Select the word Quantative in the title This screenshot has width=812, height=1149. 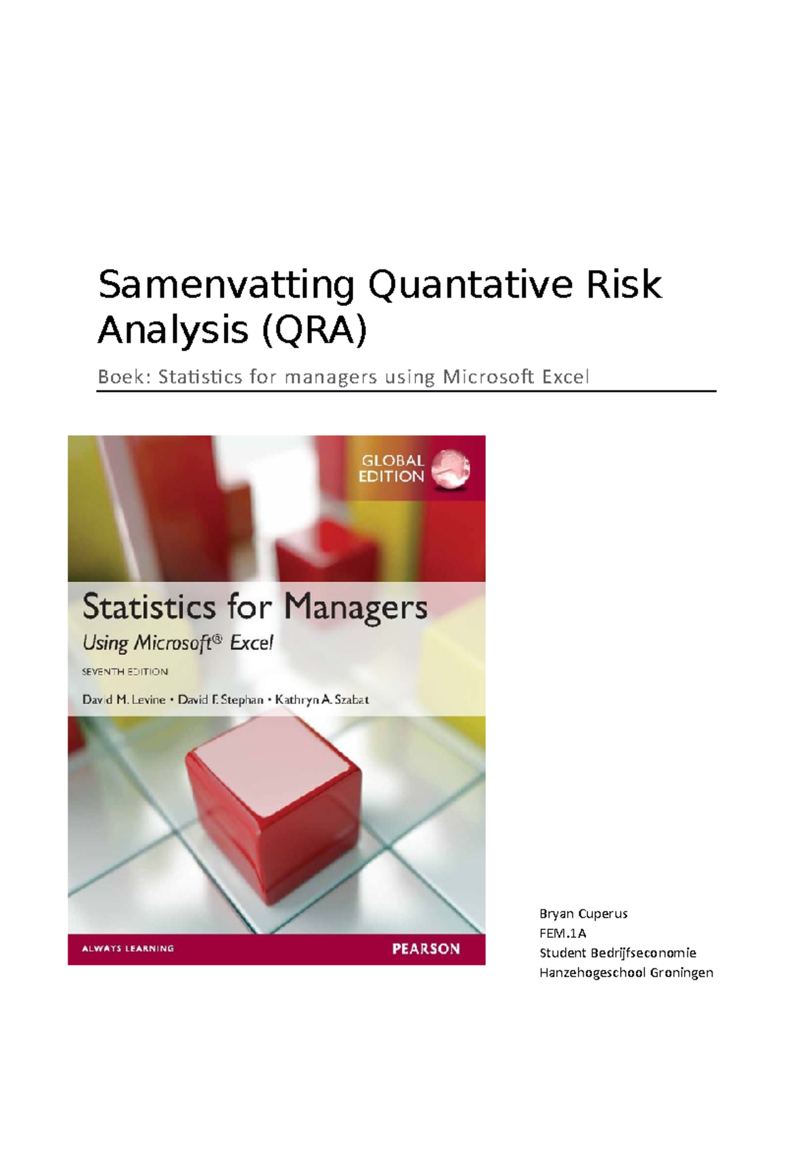[470, 286]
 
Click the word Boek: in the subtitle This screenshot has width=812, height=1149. [125, 377]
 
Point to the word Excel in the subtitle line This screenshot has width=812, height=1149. [566, 377]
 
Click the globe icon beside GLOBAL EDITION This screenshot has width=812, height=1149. [451, 468]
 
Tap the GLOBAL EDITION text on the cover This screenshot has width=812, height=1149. [391, 468]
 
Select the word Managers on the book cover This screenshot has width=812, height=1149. [355, 608]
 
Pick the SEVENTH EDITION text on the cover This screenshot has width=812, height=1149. [125, 672]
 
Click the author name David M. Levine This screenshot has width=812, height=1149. [124, 700]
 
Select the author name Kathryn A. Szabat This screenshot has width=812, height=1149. [322, 700]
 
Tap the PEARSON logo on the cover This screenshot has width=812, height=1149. [426, 949]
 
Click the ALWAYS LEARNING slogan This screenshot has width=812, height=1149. [128, 949]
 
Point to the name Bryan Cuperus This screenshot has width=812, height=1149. [583, 914]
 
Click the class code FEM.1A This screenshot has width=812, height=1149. [562, 933]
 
